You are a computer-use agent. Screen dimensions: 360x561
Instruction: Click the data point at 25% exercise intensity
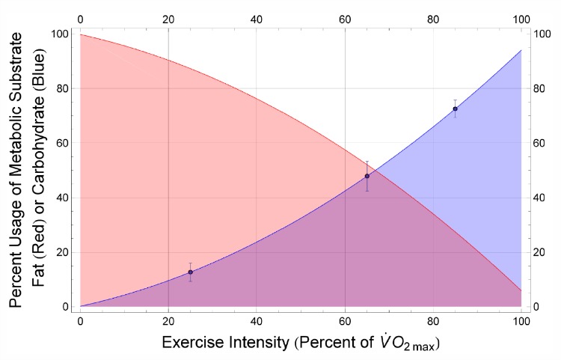click(x=191, y=272)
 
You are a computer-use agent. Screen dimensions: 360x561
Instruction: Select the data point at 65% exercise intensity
click(x=367, y=176)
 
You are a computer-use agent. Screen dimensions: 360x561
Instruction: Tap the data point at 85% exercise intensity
click(x=455, y=109)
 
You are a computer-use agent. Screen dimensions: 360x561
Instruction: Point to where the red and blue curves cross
click(x=375, y=170)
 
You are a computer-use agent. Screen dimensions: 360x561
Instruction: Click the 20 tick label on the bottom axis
click(x=168, y=322)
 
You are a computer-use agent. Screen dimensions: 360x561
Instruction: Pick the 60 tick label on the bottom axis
click(x=344, y=322)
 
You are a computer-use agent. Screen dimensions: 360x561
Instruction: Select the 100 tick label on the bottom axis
click(x=521, y=322)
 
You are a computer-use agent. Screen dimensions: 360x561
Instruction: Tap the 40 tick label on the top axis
click(x=257, y=16)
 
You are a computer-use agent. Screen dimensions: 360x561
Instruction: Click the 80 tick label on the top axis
click(x=432, y=16)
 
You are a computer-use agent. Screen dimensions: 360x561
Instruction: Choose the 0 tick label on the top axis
click(x=80, y=16)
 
